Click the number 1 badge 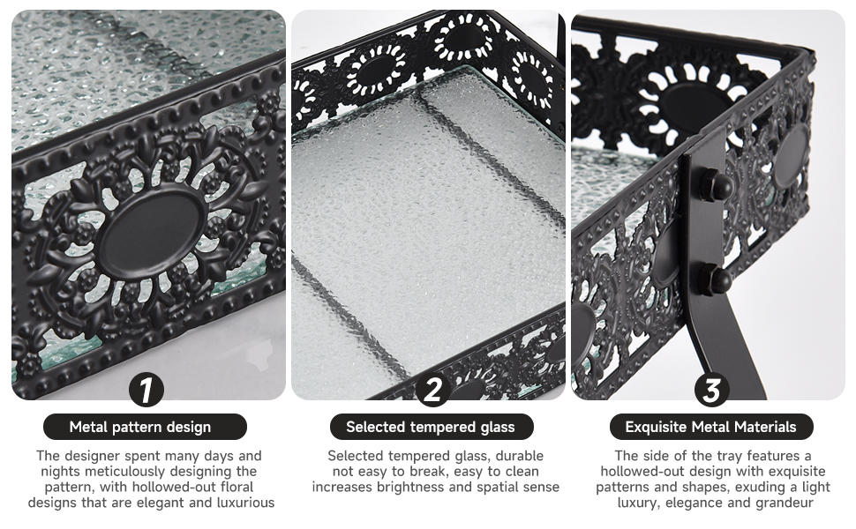click(x=146, y=390)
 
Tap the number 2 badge click(x=432, y=390)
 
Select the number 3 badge click(x=711, y=390)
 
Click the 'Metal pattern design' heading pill click(x=146, y=427)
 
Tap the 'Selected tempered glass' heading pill click(x=432, y=427)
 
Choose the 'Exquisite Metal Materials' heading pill click(x=710, y=427)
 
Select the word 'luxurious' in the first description click(x=245, y=503)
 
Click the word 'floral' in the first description click(x=237, y=487)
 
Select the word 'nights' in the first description click(x=61, y=471)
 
